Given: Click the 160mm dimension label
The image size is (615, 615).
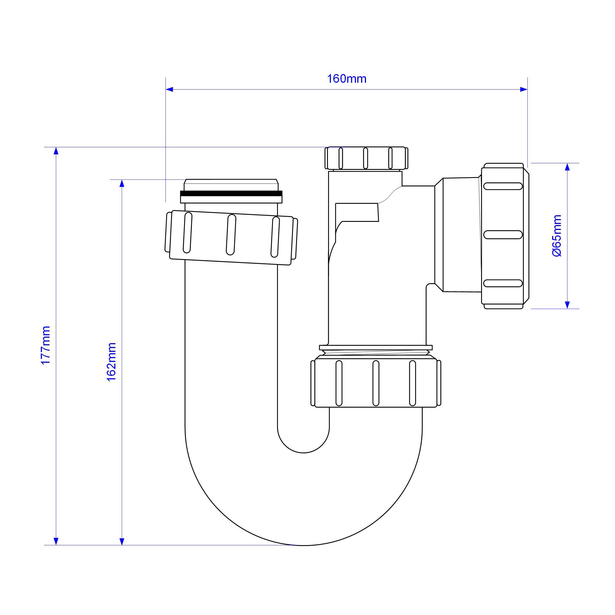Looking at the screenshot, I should point(347,79).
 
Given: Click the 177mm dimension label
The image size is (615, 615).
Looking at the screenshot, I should point(46,345).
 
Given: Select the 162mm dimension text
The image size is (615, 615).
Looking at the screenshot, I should point(111,362).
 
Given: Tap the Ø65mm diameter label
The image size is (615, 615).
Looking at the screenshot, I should point(557,236).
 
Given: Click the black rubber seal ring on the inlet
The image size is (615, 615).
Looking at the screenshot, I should point(231,193).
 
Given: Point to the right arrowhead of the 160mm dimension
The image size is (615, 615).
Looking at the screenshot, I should point(524,90).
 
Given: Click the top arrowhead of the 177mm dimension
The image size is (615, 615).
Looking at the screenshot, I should point(56,151).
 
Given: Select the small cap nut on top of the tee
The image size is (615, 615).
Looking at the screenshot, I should point(366,158).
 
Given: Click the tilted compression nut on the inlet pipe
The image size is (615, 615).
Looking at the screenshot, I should point(231,238).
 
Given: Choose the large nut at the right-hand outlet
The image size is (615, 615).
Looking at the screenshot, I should point(505,236).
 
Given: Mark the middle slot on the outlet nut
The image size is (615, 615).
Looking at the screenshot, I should point(503,235).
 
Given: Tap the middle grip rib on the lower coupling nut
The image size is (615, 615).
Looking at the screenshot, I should point(376,383).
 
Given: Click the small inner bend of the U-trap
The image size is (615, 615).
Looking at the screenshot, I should point(303,444).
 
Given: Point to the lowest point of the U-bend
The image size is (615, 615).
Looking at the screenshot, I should point(303,545).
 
